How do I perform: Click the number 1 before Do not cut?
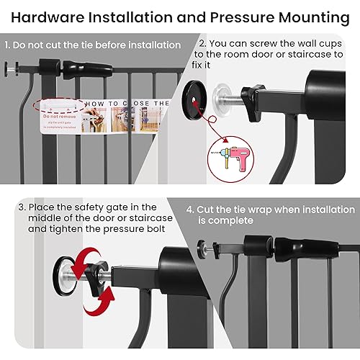[x=7, y=45]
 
